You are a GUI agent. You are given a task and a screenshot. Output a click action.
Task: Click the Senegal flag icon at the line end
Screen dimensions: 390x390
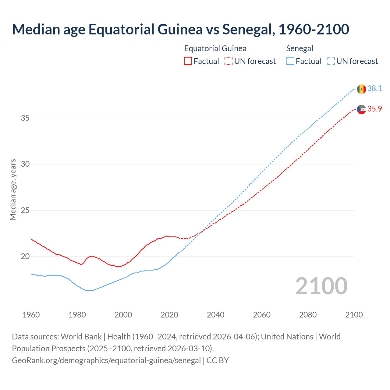361,89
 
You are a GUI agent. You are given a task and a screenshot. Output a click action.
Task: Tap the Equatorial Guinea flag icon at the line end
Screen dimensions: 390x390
361,109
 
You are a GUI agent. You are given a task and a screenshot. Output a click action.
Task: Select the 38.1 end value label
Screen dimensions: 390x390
374,89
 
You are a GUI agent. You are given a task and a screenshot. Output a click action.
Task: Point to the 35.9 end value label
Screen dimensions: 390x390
374,109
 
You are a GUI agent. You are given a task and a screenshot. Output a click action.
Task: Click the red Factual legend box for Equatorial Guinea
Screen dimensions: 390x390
188,61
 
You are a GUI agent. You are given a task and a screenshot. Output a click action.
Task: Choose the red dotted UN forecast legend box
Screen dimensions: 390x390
229,61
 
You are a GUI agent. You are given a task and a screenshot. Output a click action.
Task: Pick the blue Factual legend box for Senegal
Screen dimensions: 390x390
290,61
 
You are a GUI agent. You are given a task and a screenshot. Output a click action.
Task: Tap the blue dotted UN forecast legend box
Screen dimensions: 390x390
331,61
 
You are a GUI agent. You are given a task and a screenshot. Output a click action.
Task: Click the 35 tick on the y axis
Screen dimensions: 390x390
25,118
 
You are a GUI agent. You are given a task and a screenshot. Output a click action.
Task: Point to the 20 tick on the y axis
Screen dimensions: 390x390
25,257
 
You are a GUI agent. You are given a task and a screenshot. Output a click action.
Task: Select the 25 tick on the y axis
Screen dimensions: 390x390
25,210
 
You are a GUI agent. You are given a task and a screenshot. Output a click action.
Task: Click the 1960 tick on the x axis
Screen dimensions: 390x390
31,315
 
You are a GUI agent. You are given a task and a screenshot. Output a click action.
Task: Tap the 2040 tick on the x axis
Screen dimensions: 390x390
215,315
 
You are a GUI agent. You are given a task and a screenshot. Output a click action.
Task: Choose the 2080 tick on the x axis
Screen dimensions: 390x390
308,315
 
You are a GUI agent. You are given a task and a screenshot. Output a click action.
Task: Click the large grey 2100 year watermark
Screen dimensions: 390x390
321,286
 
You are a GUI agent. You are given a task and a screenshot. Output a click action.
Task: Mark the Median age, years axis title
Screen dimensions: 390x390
13,190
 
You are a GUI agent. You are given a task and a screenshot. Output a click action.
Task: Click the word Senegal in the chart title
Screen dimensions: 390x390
247,29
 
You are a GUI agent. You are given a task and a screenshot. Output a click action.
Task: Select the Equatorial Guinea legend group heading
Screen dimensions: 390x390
215,48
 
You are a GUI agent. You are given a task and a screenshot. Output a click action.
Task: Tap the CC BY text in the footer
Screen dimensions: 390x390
218,360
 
